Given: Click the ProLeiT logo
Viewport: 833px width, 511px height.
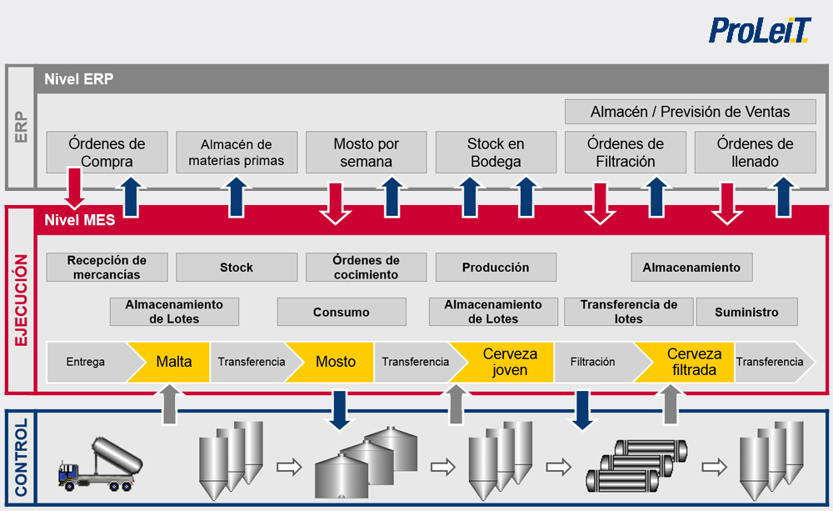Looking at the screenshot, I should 759,30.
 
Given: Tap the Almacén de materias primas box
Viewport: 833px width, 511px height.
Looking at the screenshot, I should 237,153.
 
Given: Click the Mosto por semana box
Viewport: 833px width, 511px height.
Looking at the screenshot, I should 366,153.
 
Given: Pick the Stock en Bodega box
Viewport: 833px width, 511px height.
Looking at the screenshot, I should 496,153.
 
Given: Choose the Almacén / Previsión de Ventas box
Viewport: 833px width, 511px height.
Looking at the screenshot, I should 690,112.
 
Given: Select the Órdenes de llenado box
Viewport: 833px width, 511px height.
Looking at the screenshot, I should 755,153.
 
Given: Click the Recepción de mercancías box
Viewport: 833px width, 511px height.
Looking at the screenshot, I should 107,268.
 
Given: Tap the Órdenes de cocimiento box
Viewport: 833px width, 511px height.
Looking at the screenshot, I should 366,268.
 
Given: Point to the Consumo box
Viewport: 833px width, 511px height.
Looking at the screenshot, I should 342,312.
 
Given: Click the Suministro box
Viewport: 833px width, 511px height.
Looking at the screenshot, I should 746,312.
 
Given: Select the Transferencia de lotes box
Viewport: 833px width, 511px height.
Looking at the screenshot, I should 628,312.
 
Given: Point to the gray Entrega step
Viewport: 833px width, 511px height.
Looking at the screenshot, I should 86,362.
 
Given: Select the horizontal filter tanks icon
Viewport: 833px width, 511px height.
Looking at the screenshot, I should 636,468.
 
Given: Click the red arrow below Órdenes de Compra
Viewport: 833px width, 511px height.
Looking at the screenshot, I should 75,188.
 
